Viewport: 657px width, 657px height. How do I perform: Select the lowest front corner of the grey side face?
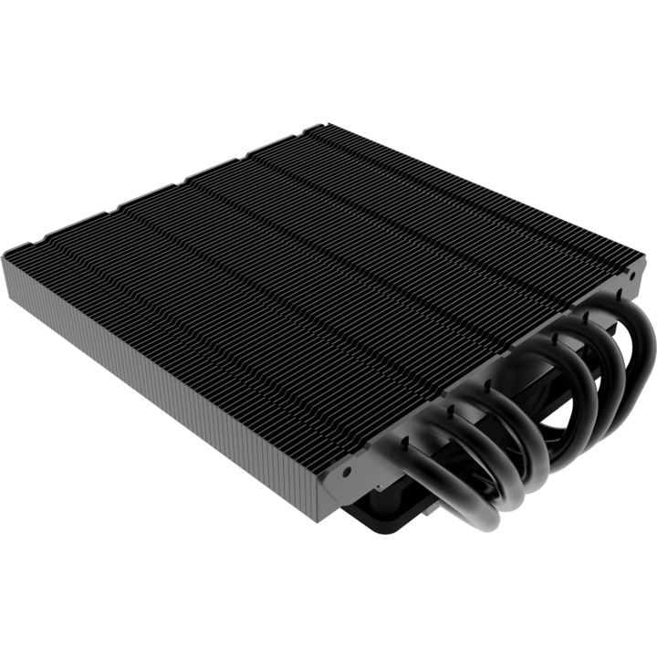coord(315,521)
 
